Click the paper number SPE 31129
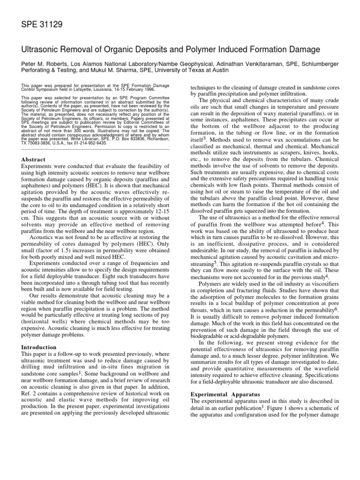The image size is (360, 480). (x=41, y=24)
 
